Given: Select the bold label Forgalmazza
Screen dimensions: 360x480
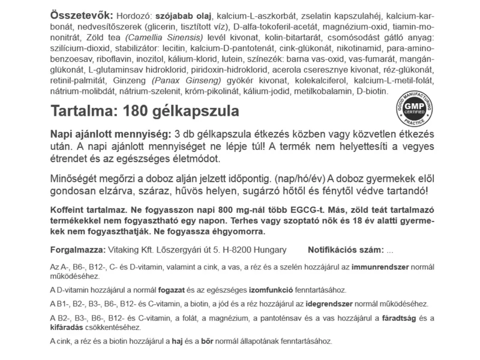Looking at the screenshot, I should coord(74,249).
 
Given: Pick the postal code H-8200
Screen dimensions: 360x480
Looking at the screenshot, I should coord(239,249).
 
